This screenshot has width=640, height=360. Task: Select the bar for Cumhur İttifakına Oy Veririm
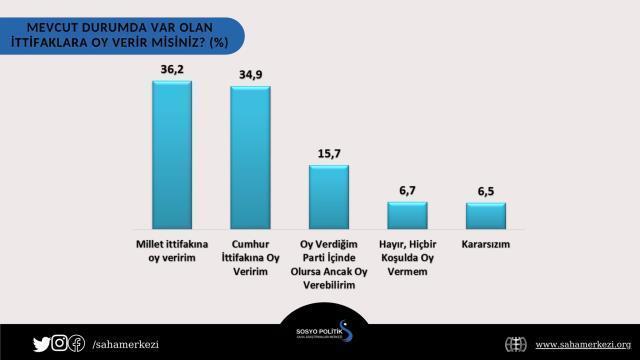point(249,159)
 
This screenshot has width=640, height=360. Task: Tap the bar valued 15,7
point(328,197)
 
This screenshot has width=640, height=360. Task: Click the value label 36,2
point(170,67)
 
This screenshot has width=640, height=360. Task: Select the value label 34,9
point(249,73)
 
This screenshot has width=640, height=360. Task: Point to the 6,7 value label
point(407,190)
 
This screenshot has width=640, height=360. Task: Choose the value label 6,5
point(486,190)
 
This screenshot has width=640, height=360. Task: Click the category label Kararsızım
point(486,243)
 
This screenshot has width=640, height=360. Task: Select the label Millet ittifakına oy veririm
point(170,250)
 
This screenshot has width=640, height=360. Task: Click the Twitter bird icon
point(41,344)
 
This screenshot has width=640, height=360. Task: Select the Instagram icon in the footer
point(59,344)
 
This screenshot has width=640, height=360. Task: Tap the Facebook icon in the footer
point(76,344)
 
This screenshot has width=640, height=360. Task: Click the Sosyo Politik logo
point(319,333)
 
